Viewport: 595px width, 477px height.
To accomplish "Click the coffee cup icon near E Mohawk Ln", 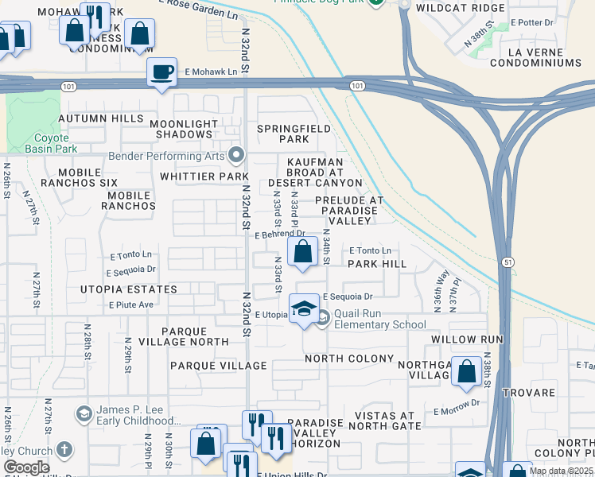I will click(x=162, y=72).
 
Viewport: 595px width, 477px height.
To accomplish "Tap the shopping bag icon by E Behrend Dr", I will click(x=303, y=253).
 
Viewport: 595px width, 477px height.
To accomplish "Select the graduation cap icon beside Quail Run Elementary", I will click(x=303, y=308).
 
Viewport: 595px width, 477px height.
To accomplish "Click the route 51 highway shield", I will click(x=507, y=262).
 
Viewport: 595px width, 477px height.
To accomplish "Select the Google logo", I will click(x=26, y=467).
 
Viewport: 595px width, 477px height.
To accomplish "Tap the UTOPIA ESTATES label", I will click(x=128, y=290).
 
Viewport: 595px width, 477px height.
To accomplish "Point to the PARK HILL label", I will click(x=377, y=264).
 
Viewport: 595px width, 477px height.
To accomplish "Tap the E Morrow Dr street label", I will click(x=457, y=411).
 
